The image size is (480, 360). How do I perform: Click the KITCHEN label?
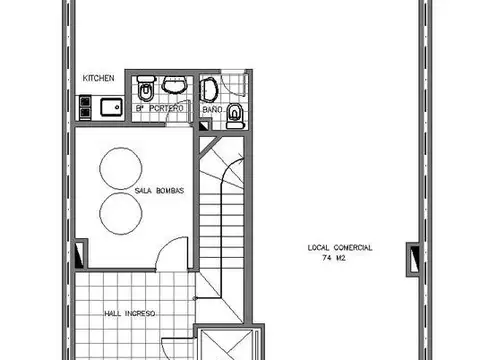coord(98,78)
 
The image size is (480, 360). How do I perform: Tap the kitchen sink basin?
coord(111,107)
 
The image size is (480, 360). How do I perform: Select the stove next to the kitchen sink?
coord(85,107)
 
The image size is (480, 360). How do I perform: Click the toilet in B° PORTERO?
coord(146,88)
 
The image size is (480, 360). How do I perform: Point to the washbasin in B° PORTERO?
coord(174,84)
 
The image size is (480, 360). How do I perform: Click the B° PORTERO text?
coord(159,108)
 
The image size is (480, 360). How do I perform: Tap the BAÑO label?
coord(212,109)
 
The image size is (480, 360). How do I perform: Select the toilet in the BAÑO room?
coord(236,116)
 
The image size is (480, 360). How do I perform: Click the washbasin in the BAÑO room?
coord(208,89)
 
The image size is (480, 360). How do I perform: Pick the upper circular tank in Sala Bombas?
coord(121,168)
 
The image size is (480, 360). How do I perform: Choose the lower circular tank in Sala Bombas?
coord(121,213)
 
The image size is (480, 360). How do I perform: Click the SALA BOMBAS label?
coord(159,191)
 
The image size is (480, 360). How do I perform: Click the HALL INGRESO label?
coord(130,314)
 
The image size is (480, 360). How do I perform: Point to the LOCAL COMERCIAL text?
coord(340,248)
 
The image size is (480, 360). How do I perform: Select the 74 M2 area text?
coord(334,258)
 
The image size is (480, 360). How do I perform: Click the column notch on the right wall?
coord(414,259)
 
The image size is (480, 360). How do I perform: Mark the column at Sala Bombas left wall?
coord(80,254)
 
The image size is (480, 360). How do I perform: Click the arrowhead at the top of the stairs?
coord(241,155)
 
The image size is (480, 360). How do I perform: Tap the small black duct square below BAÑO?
coord(203,126)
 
